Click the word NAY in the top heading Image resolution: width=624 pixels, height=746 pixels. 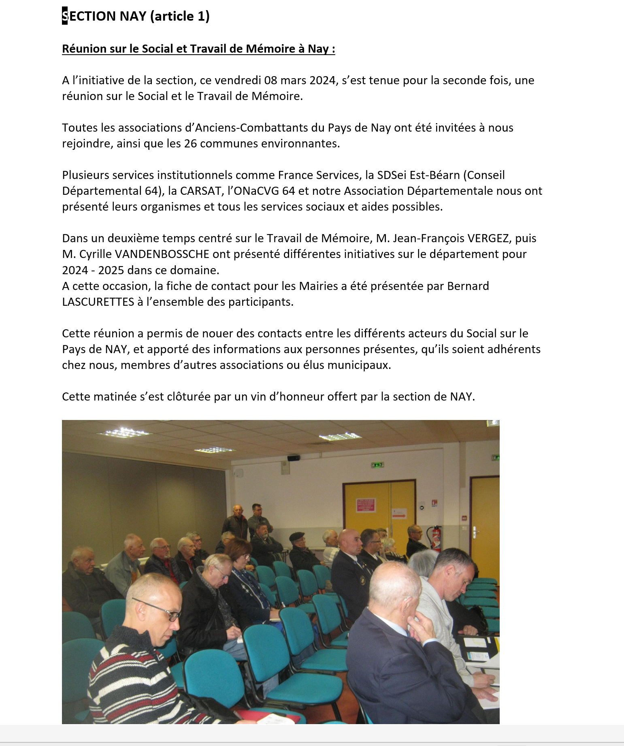coord(133,16)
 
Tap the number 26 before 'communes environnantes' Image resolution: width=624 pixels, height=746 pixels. coord(190,143)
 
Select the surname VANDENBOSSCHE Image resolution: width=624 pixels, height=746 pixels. coord(162,254)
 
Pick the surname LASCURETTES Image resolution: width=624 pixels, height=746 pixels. coord(98,302)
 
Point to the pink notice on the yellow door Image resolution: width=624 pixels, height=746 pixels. coord(366,505)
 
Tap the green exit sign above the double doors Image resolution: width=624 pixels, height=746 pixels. coord(377,465)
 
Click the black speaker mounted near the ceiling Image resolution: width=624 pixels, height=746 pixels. coord(294,458)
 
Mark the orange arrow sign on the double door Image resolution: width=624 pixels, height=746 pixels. coord(398,515)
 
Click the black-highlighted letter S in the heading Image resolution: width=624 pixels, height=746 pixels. coord(65,16)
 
